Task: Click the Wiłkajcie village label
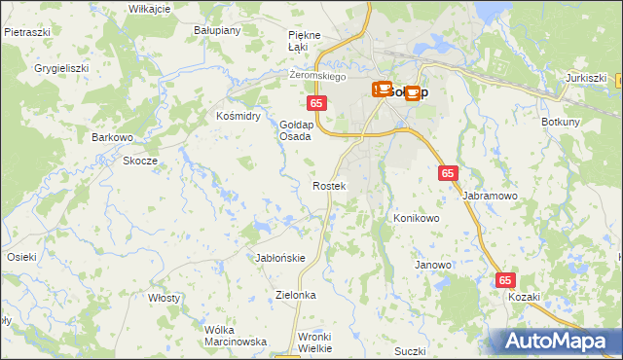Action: (149, 8)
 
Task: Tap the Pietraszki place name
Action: (27, 31)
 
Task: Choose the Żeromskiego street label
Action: (318, 75)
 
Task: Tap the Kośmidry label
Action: (238, 116)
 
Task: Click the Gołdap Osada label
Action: (295, 130)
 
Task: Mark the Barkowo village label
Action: (112, 137)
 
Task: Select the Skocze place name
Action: (140, 161)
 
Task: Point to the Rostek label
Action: (328, 185)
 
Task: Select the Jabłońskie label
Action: (280, 258)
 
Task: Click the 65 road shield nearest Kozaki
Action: (505, 280)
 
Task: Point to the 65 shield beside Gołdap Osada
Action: (315, 102)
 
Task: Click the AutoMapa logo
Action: (556, 341)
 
